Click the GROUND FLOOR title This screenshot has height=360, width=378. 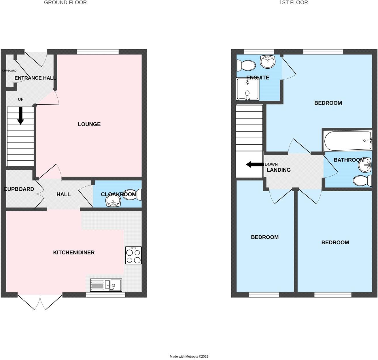[x=65, y=3]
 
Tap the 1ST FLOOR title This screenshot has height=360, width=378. [x=294, y=3]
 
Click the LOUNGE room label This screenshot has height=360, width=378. [x=89, y=124]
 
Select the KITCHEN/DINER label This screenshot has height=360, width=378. [x=74, y=253]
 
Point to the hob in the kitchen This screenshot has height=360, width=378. [x=133, y=255]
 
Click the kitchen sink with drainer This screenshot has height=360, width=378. [x=106, y=285]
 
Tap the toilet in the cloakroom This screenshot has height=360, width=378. [x=138, y=194]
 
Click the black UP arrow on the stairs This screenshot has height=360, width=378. [x=20, y=116]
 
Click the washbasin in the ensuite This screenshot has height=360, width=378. [x=268, y=61]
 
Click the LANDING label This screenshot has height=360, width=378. [x=278, y=170]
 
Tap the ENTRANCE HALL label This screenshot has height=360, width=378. [x=35, y=78]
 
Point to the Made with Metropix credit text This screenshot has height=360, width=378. [x=189, y=357]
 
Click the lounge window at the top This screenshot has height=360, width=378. [x=98, y=52]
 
